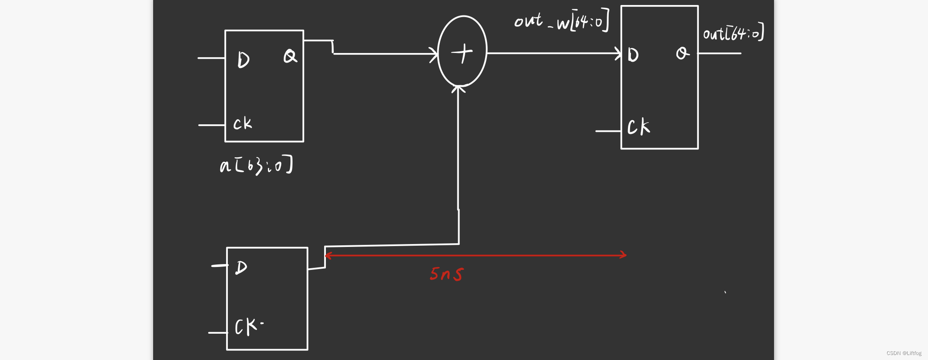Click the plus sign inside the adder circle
[x=462, y=53]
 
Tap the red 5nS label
[x=447, y=274]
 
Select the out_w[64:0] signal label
[x=562, y=21]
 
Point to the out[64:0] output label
[x=733, y=33]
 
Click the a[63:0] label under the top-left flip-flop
[x=256, y=165]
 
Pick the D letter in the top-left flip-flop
[x=243, y=60]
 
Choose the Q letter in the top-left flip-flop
[x=290, y=56]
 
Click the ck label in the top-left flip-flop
[x=242, y=123]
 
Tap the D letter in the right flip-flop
[x=633, y=55]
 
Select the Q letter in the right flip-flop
[x=683, y=53]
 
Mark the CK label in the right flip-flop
[x=638, y=127]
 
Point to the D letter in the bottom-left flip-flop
[x=241, y=267]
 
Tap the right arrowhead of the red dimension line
[x=623, y=255]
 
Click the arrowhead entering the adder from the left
[x=435, y=54]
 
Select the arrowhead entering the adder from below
[x=458, y=88]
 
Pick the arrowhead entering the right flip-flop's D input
[x=618, y=53]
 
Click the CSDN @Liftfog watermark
[x=904, y=353]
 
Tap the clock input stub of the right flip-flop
[x=608, y=131]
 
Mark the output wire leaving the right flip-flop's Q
[x=720, y=53]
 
